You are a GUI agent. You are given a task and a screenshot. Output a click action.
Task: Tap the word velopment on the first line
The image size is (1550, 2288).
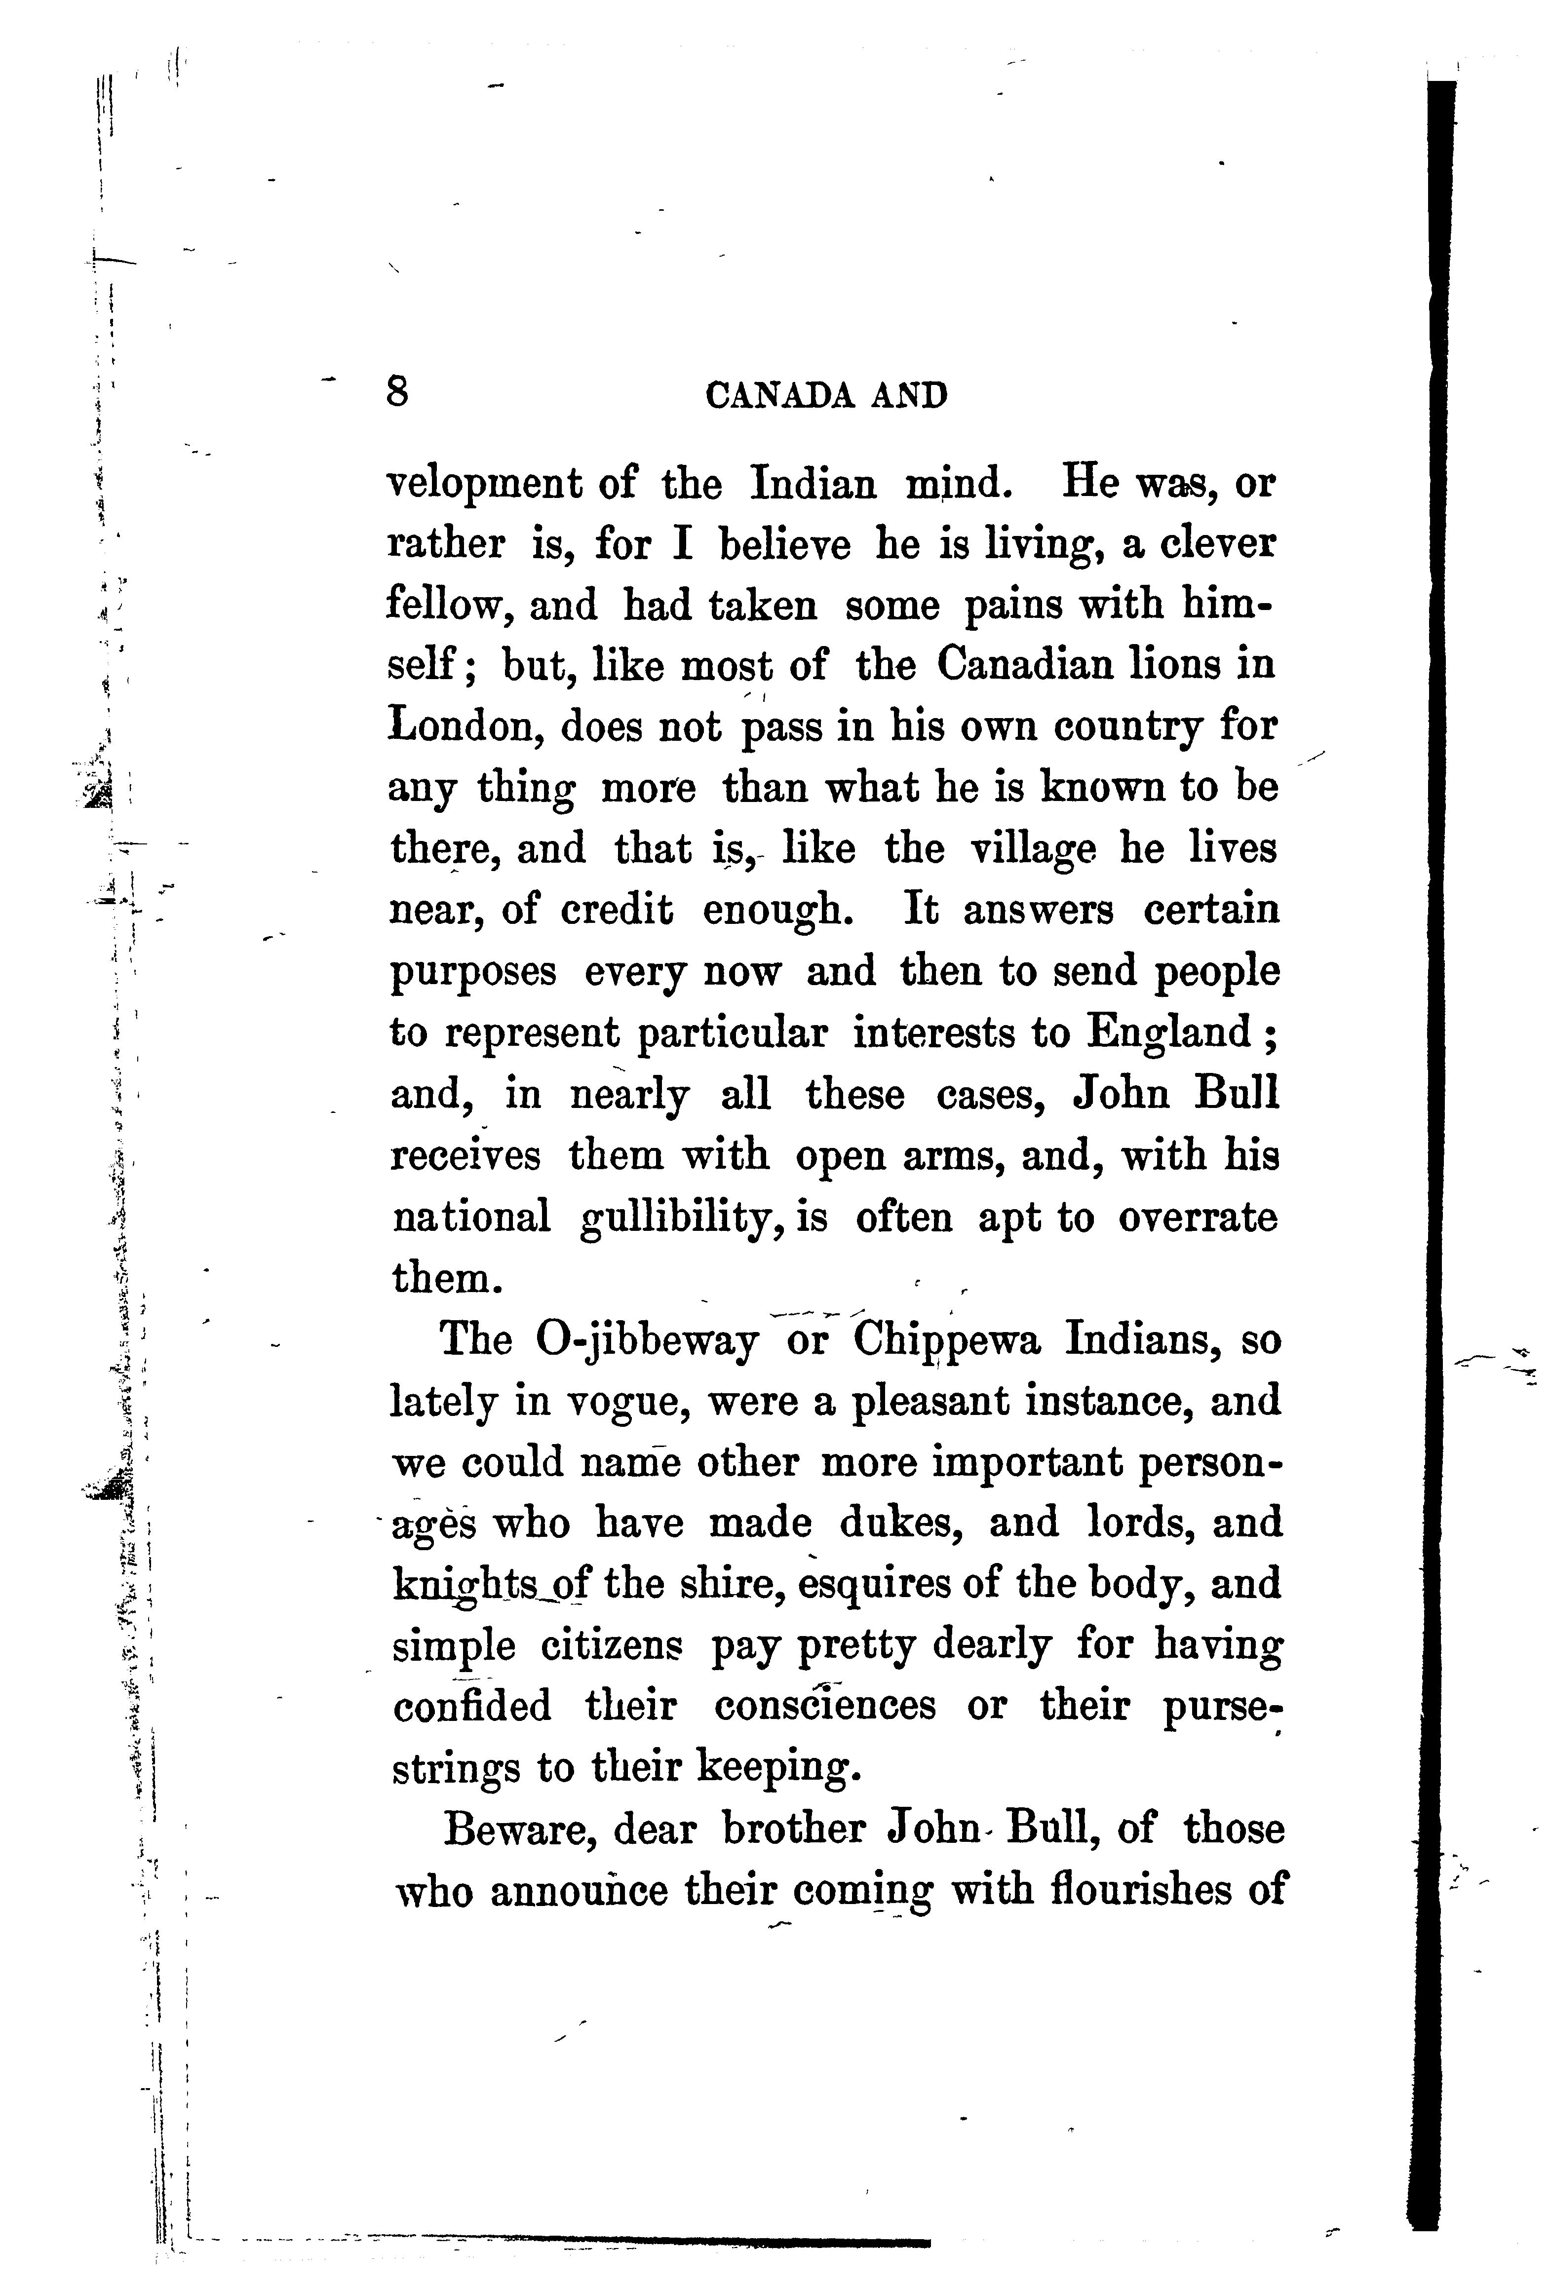[x=510, y=485]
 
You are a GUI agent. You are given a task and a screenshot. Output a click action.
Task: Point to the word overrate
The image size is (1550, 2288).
[x=1198, y=1217]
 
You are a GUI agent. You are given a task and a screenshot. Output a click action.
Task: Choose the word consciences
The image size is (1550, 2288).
[x=825, y=1705]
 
